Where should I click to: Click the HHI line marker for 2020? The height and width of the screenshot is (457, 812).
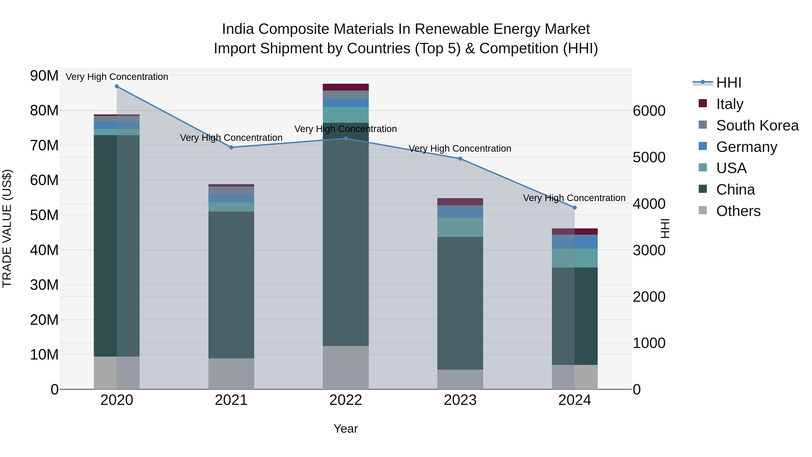(x=117, y=86)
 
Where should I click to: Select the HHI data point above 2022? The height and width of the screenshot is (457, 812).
(x=346, y=139)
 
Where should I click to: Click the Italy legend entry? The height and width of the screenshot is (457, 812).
(x=729, y=104)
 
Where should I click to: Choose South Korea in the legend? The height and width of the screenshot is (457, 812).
(x=757, y=125)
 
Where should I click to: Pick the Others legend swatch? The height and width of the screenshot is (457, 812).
(x=703, y=210)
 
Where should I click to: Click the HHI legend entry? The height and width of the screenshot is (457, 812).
(x=729, y=83)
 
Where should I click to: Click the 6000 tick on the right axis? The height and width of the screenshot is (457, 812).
(x=649, y=111)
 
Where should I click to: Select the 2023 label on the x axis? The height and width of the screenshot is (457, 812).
(x=460, y=400)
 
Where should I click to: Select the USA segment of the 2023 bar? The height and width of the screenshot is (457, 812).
(x=460, y=227)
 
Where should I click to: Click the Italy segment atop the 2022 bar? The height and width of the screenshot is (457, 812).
(x=346, y=87)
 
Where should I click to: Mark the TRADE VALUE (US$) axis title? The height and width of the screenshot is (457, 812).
(x=7, y=228)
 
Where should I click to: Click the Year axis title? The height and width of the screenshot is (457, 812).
(x=346, y=429)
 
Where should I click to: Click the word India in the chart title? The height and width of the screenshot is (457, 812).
(x=238, y=29)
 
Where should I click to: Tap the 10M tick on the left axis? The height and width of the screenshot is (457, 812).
(x=44, y=355)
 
